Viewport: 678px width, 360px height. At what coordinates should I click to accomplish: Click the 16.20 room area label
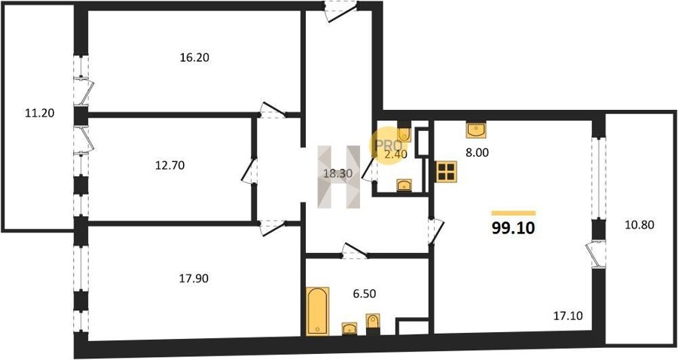point(194,57)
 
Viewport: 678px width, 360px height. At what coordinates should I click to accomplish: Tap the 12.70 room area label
point(170,165)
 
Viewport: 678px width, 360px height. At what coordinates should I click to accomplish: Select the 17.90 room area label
point(194,279)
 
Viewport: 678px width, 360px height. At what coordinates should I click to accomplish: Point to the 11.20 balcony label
point(40,113)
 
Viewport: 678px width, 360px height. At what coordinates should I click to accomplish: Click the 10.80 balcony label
point(640,224)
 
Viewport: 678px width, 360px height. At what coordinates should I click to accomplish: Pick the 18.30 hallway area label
point(338,174)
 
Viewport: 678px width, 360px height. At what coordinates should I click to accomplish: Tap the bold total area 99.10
point(513,227)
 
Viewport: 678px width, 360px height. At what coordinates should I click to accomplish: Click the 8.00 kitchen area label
point(478,153)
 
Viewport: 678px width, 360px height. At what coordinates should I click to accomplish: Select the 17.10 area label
point(568,316)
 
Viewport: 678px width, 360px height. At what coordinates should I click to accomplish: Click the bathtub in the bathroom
point(317,311)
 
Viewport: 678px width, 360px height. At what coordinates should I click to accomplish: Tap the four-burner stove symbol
point(446,172)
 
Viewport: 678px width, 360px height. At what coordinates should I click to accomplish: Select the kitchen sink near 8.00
point(475,130)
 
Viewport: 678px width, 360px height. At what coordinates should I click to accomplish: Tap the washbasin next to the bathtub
point(349,329)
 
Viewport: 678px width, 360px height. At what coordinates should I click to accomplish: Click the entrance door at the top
point(341,11)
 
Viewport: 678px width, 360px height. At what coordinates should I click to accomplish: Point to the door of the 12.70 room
point(249,171)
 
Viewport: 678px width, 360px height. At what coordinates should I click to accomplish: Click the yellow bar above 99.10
point(514,213)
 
